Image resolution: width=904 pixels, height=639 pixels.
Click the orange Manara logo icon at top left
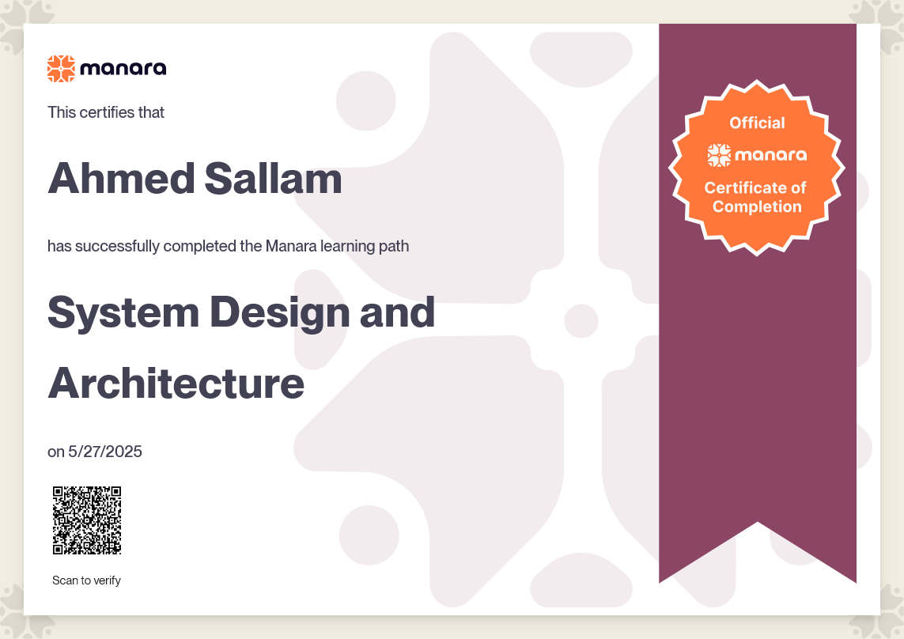(x=61, y=69)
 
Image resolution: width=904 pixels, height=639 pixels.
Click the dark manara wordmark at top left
(x=123, y=69)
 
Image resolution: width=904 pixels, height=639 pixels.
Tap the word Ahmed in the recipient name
(x=122, y=178)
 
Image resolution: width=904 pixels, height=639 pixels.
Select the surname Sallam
(x=274, y=178)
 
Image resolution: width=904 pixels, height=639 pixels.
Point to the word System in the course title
(x=123, y=313)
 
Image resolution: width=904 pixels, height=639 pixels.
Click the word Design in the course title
(x=280, y=313)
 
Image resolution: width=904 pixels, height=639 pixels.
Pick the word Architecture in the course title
(x=176, y=384)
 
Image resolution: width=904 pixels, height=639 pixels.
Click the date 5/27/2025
(x=105, y=452)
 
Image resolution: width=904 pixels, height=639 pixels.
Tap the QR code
(x=87, y=520)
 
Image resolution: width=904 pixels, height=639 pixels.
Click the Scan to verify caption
(x=86, y=580)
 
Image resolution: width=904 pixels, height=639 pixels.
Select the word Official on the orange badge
(x=757, y=123)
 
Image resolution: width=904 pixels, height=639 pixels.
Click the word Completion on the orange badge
(x=757, y=206)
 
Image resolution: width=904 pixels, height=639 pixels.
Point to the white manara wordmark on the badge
(x=771, y=155)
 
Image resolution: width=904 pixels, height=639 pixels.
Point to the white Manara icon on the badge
(x=719, y=155)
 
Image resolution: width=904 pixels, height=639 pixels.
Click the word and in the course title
(x=397, y=312)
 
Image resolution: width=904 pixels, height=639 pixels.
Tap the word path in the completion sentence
(x=394, y=246)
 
